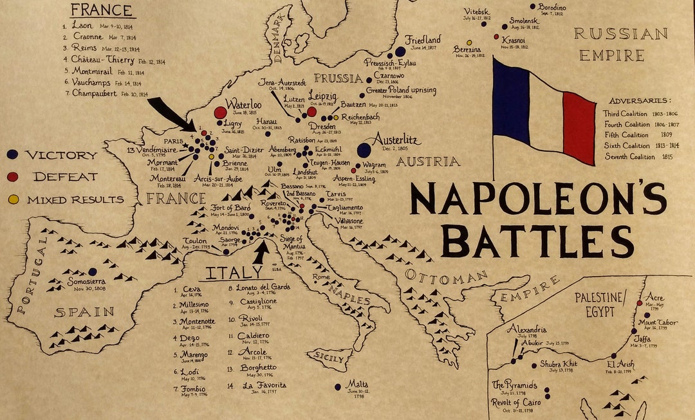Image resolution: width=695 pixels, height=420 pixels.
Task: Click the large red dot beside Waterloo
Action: point(220,113)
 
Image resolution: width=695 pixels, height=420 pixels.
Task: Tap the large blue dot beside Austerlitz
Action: point(364,150)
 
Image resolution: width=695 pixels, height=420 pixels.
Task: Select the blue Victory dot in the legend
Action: point(13,155)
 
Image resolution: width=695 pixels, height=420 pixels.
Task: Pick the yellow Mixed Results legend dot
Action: point(13,199)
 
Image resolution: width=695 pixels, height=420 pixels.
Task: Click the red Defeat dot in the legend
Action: point(13,176)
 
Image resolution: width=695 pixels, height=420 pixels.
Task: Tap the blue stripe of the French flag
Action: point(511,103)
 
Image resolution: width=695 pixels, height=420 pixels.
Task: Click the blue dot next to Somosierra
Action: point(93,272)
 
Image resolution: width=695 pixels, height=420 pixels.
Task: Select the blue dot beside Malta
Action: point(338,387)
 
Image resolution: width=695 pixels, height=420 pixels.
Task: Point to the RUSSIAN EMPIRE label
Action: point(620,44)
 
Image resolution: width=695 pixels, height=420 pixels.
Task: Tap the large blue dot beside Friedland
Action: point(400,51)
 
